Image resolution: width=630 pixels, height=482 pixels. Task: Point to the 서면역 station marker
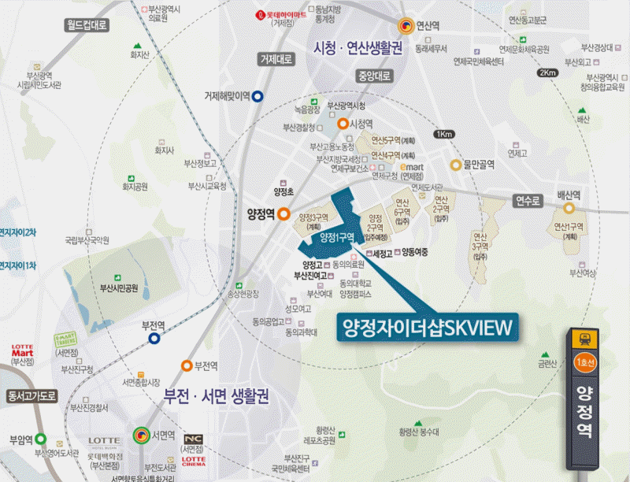pyautogui.click(x=141, y=434)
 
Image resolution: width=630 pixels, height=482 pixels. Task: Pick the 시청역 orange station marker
pyautogui.click(x=343, y=124)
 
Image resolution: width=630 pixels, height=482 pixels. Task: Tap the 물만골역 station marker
pyautogui.click(x=455, y=165)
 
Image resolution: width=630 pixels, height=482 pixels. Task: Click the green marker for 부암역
pyautogui.click(x=40, y=439)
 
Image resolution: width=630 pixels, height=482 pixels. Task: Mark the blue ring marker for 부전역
pyautogui.click(x=155, y=339)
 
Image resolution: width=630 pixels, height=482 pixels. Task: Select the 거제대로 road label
pyautogui.click(x=276, y=59)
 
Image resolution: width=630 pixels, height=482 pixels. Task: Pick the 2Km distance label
pyautogui.click(x=547, y=73)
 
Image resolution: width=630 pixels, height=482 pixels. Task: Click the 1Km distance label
pyautogui.click(x=443, y=134)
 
